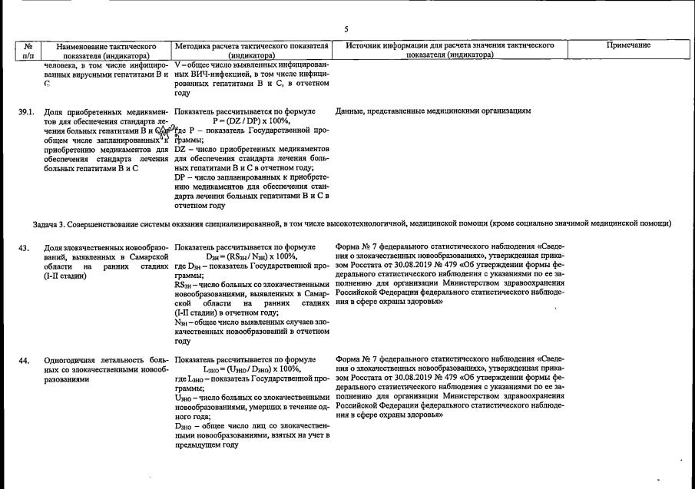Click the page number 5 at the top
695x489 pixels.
click(346, 29)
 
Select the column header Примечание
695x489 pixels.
click(628, 46)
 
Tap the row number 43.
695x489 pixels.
click(25, 247)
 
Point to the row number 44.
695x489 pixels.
click(25, 360)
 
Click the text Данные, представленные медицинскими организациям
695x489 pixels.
click(433, 112)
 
